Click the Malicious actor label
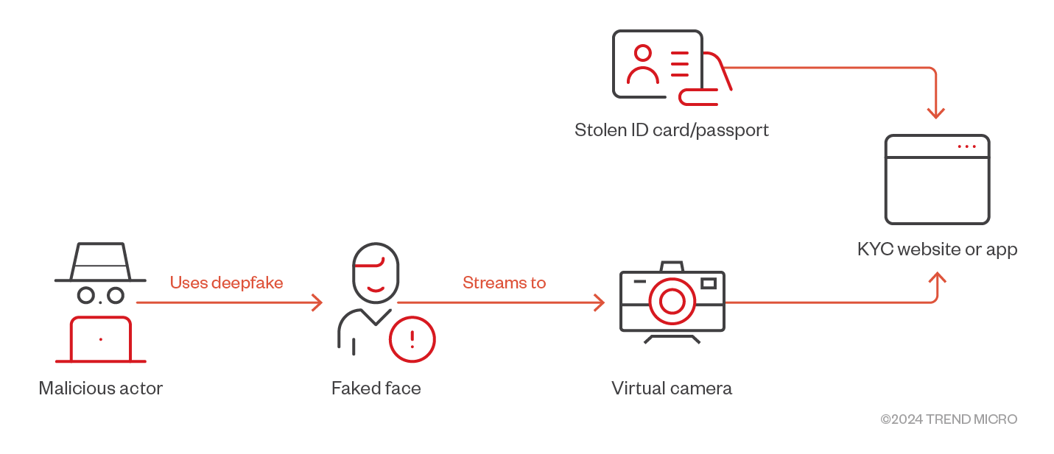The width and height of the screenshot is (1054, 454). [101, 389]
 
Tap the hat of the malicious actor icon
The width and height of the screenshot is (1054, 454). [100, 262]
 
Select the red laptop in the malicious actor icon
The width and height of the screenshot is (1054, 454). [101, 339]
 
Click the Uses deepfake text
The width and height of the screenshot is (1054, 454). [226, 283]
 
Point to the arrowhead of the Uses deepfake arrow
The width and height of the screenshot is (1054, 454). [317, 302]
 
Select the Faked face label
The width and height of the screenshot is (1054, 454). [376, 389]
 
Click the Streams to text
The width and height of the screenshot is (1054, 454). [504, 283]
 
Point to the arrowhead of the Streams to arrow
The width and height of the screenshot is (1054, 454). [600, 302]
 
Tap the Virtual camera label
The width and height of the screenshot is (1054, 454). [672, 389]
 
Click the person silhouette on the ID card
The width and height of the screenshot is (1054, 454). [643, 65]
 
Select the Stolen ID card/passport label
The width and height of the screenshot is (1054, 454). [672, 130]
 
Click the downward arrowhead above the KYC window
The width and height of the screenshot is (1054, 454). [936, 113]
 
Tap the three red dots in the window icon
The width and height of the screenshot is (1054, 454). [966, 146]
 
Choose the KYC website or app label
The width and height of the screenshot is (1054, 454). [938, 249]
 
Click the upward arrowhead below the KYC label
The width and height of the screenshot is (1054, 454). [938, 277]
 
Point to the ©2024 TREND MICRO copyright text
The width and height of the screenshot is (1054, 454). [949, 419]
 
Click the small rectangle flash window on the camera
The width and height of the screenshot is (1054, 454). [709, 283]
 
